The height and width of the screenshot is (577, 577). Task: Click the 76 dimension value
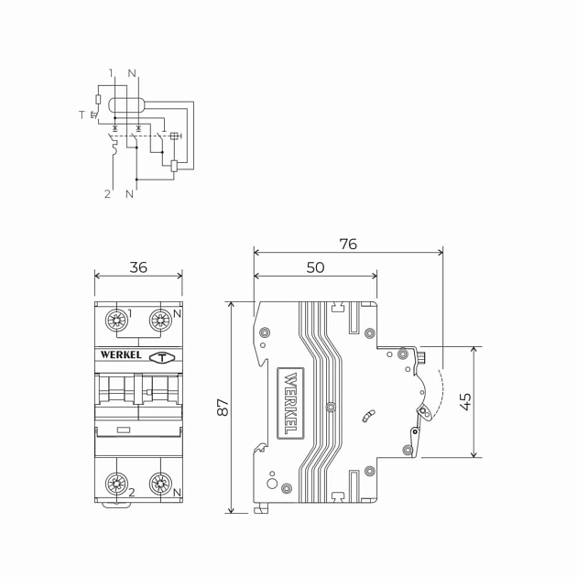[x=348, y=245]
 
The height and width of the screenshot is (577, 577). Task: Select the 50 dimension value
[x=315, y=268]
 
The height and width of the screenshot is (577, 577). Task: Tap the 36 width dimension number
[x=138, y=267]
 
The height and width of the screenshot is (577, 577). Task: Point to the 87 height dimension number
[x=223, y=407]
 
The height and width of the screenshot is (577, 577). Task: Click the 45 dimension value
[x=465, y=401]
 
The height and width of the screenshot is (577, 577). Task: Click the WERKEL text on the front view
[x=120, y=355]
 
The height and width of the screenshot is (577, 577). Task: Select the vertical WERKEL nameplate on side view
[x=290, y=402]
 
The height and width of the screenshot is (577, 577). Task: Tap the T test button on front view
[x=162, y=357]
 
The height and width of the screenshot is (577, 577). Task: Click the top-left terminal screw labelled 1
[x=116, y=320]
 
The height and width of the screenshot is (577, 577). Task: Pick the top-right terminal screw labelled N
[x=160, y=320]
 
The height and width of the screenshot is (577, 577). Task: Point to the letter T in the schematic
[x=82, y=114]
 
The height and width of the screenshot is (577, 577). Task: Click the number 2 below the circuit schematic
[x=107, y=194]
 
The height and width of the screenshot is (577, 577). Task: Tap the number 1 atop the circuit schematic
[x=111, y=73]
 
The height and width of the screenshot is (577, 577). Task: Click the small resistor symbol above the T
[x=98, y=99]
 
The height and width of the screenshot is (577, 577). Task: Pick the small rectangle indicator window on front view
[x=123, y=429]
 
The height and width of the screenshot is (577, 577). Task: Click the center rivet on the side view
[x=331, y=407]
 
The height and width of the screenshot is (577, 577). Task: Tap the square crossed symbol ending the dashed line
[x=174, y=136]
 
